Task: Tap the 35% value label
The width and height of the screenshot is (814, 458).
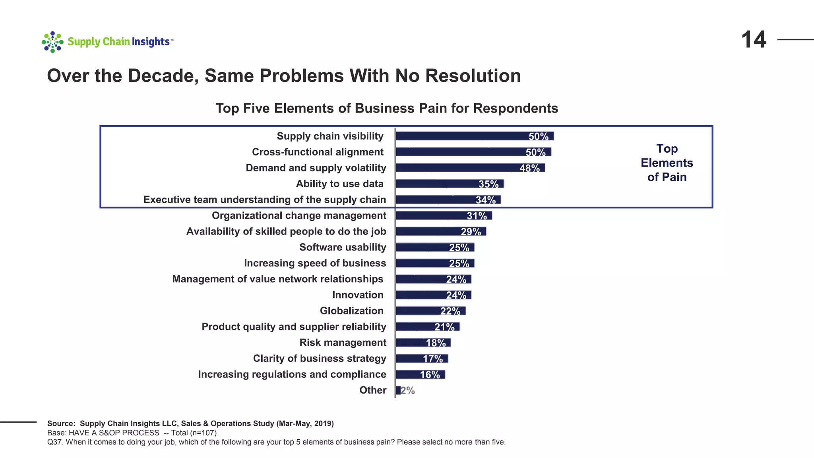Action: click(488, 184)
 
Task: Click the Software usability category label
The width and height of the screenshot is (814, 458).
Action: click(343, 247)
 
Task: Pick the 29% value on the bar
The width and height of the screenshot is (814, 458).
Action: click(471, 232)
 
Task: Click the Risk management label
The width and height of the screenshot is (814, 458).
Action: click(343, 343)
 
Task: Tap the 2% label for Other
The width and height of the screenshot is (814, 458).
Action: click(408, 390)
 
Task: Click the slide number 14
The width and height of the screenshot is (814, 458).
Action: click(754, 40)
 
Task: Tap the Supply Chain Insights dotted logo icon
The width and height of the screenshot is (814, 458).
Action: click(52, 42)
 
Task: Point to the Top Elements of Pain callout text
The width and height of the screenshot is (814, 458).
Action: click(667, 163)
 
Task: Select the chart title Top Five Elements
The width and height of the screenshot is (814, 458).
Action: click(386, 108)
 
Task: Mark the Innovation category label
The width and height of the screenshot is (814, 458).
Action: click(358, 295)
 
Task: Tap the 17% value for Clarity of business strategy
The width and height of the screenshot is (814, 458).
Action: click(433, 359)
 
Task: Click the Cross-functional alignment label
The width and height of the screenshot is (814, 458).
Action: click(318, 152)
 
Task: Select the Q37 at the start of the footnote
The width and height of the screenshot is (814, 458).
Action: click(54, 442)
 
